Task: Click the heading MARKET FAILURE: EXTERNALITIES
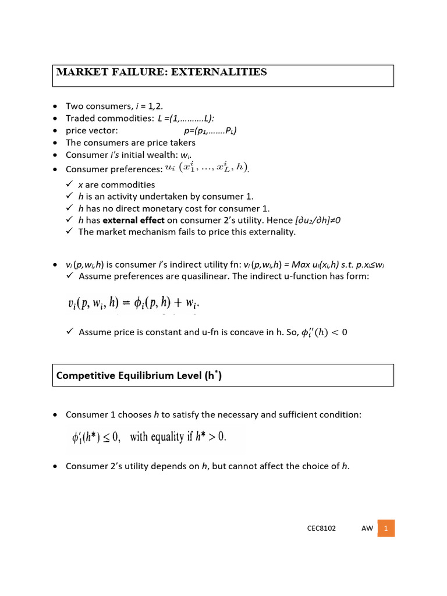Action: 161,73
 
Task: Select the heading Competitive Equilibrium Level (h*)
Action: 139,376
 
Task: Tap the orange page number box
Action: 386,528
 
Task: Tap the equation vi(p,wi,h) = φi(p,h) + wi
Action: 137,303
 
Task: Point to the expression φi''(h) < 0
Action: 322,332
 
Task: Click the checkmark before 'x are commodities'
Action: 70,185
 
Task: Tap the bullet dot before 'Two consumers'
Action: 55,106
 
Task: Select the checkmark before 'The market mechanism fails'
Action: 70,232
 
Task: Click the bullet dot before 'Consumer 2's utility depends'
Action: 55,466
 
